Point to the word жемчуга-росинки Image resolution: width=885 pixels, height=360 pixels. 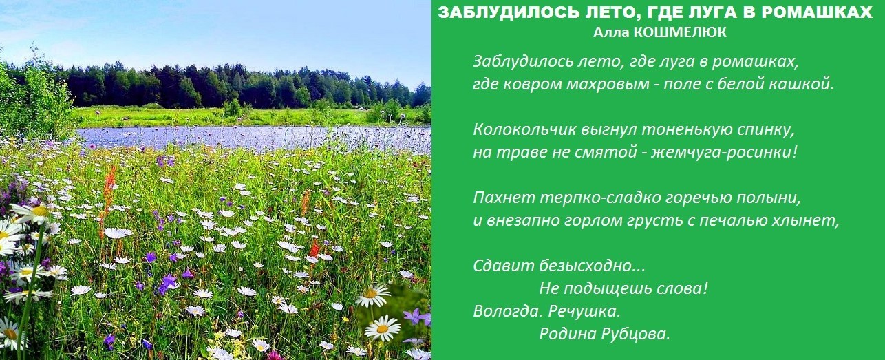click(724, 152)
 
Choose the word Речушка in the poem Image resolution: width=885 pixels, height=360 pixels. click(584, 311)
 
